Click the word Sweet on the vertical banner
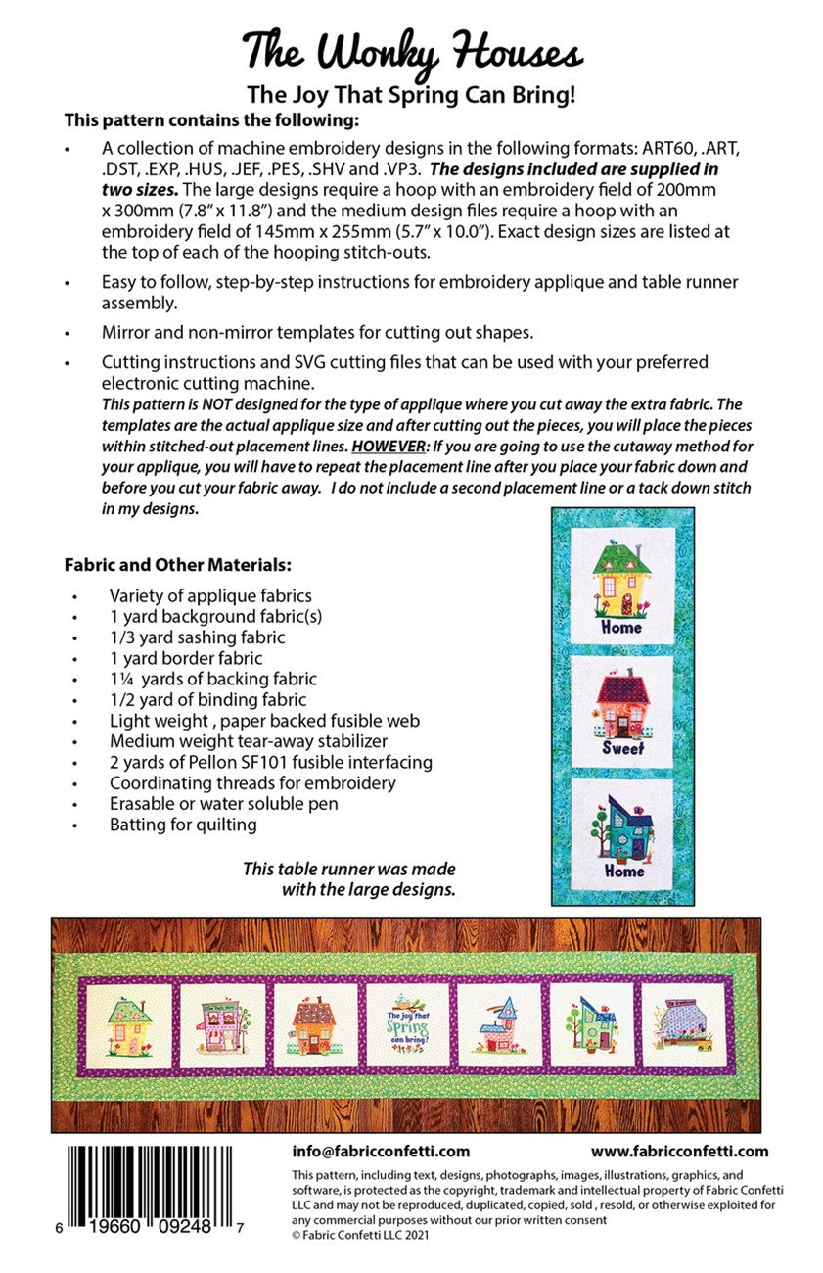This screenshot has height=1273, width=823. pos(623,749)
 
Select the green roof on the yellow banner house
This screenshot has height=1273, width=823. pos(622,559)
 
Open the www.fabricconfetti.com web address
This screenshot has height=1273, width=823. pos(679,1152)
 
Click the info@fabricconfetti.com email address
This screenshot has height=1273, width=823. pos(381,1152)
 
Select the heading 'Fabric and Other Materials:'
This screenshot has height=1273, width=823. pos(177,566)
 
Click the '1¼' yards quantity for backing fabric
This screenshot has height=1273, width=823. pos(122,679)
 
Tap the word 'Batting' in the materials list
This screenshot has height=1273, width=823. pos(138,825)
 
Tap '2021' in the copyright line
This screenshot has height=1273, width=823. pos(415,1235)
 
